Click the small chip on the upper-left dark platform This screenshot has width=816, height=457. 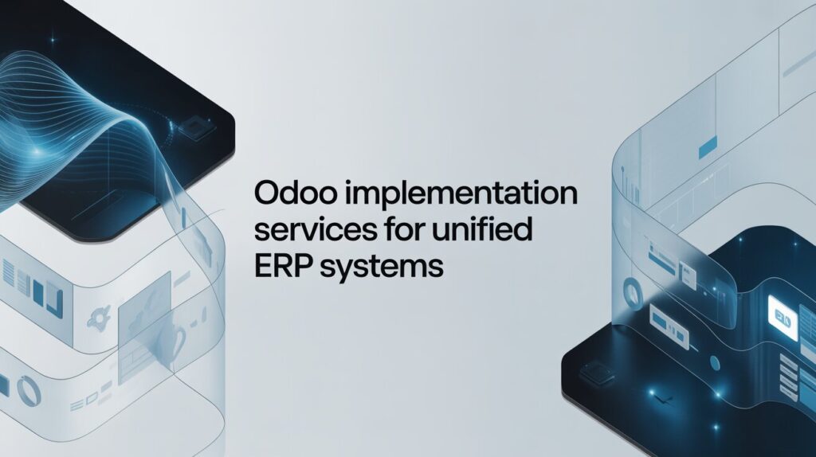tap(194, 125)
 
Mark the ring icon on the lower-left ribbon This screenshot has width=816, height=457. tap(29, 390)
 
